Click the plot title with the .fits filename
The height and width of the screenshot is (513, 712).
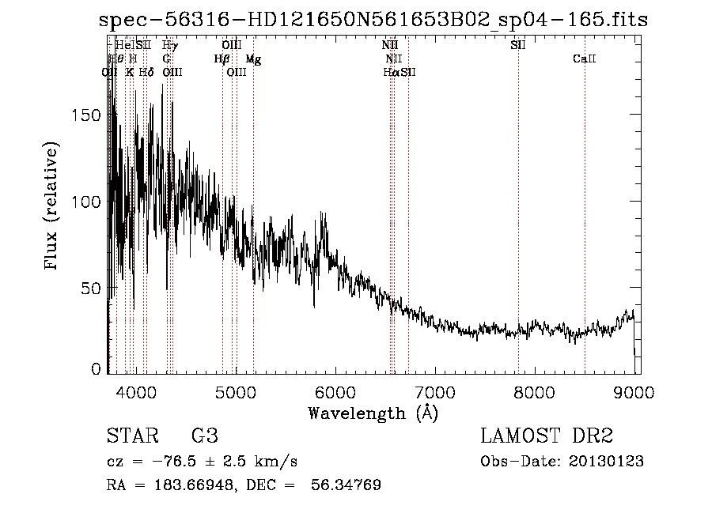tap(373, 21)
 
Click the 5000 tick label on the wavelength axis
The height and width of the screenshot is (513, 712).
tap(236, 391)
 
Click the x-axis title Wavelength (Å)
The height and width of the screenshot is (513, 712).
tap(373, 413)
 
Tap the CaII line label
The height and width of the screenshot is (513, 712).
tap(584, 59)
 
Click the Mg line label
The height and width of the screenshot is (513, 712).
tap(253, 59)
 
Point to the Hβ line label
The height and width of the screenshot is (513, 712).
tap(222, 59)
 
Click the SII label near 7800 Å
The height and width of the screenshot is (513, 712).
tap(518, 46)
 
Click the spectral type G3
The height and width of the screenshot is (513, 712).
tap(205, 436)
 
